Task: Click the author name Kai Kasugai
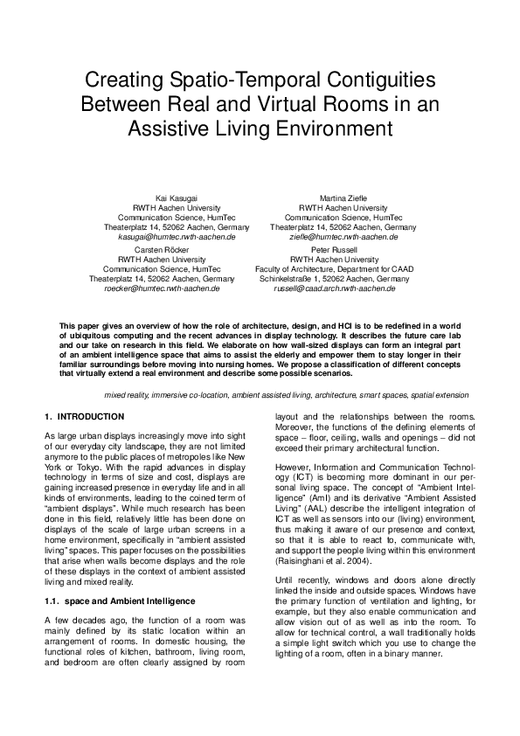pos(175,198)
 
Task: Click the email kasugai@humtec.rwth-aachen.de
pos(175,237)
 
